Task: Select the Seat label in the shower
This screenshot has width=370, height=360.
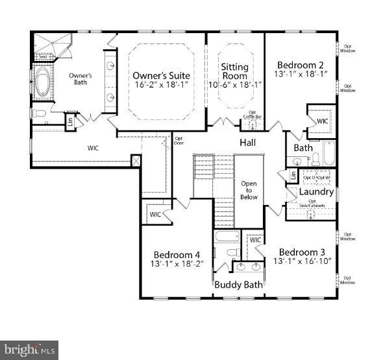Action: click(x=43, y=56)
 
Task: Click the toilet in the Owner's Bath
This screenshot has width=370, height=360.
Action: click(x=39, y=114)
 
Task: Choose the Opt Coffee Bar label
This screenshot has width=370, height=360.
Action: click(x=252, y=115)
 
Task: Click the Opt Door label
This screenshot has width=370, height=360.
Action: click(x=178, y=140)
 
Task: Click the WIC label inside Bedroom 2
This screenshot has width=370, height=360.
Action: click(x=323, y=121)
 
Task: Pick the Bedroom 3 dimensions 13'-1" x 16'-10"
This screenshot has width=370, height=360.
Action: click(x=302, y=261)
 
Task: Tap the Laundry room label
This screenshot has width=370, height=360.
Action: click(x=316, y=192)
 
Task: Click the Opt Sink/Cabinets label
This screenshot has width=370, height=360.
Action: click(x=316, y=204)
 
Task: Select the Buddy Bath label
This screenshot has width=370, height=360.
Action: click(x=238, y=285)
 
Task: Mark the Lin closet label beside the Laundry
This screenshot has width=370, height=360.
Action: click(x=293, y=175)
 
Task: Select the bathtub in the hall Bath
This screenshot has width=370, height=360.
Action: click(x=329, y=154)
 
